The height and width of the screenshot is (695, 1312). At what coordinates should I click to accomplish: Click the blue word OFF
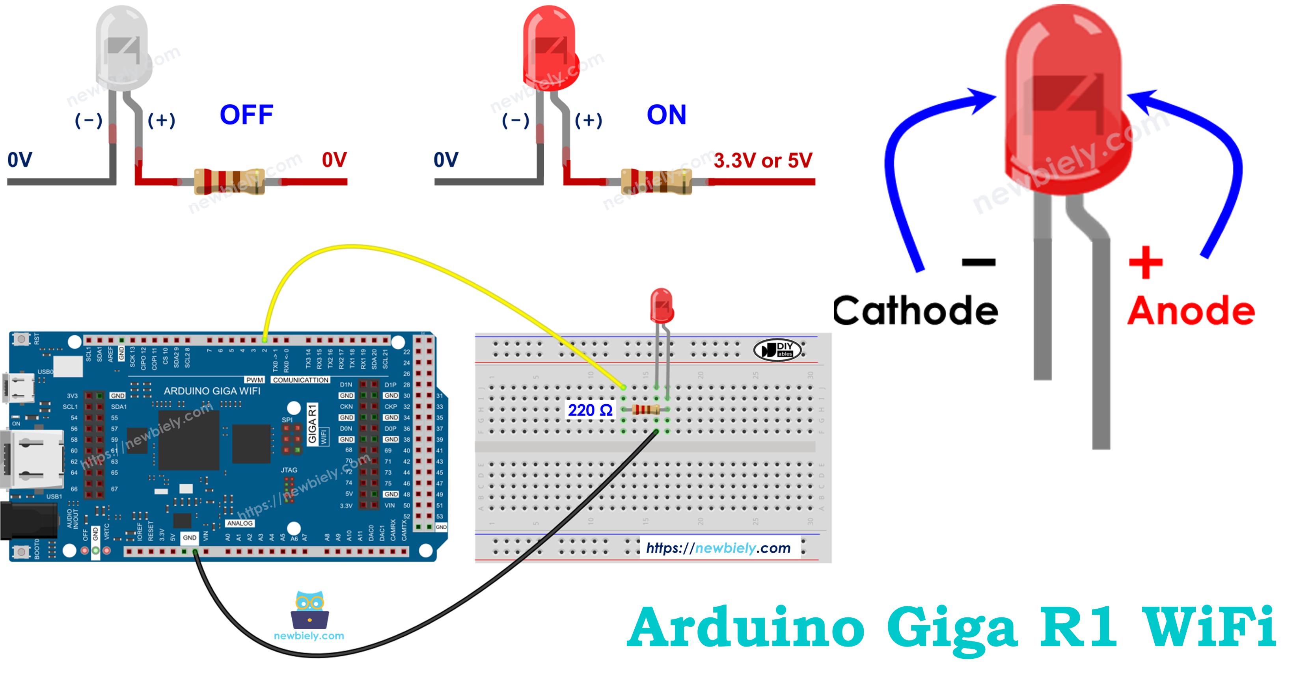click(246, 115)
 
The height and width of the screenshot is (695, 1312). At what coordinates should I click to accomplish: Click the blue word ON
click(666, 115)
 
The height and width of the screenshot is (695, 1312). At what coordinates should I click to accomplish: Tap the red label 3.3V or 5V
click(762, 161)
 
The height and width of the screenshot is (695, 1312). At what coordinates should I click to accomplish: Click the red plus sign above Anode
click(1146, 263)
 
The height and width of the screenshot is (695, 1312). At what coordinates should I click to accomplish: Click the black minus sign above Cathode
click(978, 263)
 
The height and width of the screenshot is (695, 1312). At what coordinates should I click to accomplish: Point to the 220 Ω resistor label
click(590, 410)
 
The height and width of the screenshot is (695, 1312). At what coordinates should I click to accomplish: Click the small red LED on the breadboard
click(661, 305)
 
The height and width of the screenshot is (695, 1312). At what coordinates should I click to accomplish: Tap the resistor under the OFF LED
click(229, 182)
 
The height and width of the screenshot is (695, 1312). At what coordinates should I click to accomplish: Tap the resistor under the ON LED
click(656, 182)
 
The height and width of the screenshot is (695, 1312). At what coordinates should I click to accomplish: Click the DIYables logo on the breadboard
click(778, 350)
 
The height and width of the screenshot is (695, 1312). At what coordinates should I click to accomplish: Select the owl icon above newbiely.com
click(309, 610)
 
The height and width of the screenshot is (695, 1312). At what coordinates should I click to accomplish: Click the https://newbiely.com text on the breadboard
click(718, 548)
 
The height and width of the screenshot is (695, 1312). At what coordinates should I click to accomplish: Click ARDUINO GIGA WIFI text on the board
click(212, 391)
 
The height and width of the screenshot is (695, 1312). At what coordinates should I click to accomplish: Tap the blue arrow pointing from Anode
click(1223, 168)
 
